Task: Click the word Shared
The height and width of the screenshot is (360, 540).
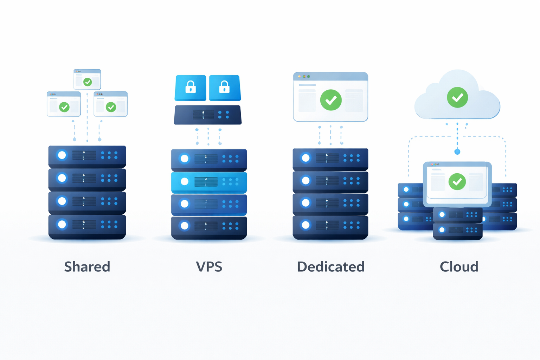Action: point(87,267)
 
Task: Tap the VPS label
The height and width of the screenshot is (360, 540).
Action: point(209,267)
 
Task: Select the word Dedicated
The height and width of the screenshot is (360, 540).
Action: point(330,267)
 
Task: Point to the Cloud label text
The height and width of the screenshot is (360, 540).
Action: point(459,267)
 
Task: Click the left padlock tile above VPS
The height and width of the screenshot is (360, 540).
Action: point(191,88)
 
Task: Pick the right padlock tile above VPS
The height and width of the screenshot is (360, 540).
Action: point(225,88)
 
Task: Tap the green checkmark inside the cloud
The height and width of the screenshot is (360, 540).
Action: point(457,97)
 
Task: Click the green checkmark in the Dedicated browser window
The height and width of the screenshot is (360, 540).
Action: point(331,100)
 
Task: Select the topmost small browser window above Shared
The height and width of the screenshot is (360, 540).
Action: point(87,79)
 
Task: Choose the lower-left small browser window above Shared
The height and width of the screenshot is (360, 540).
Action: point(64,104)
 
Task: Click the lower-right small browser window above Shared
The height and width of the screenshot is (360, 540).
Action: point(111,104)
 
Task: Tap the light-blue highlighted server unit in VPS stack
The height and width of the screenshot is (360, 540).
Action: point(209,182)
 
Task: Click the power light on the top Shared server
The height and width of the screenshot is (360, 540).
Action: point(62,155)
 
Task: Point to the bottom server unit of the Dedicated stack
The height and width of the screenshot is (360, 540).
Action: point(330,227)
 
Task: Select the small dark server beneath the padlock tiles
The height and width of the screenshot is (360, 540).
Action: point(208,115)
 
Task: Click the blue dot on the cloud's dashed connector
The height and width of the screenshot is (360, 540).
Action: point(457,152)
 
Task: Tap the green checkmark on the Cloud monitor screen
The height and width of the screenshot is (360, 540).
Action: point(457,182)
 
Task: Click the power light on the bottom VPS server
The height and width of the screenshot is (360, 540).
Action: point(184,226)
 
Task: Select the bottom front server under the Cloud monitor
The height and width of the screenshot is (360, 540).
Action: point(457,231)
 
